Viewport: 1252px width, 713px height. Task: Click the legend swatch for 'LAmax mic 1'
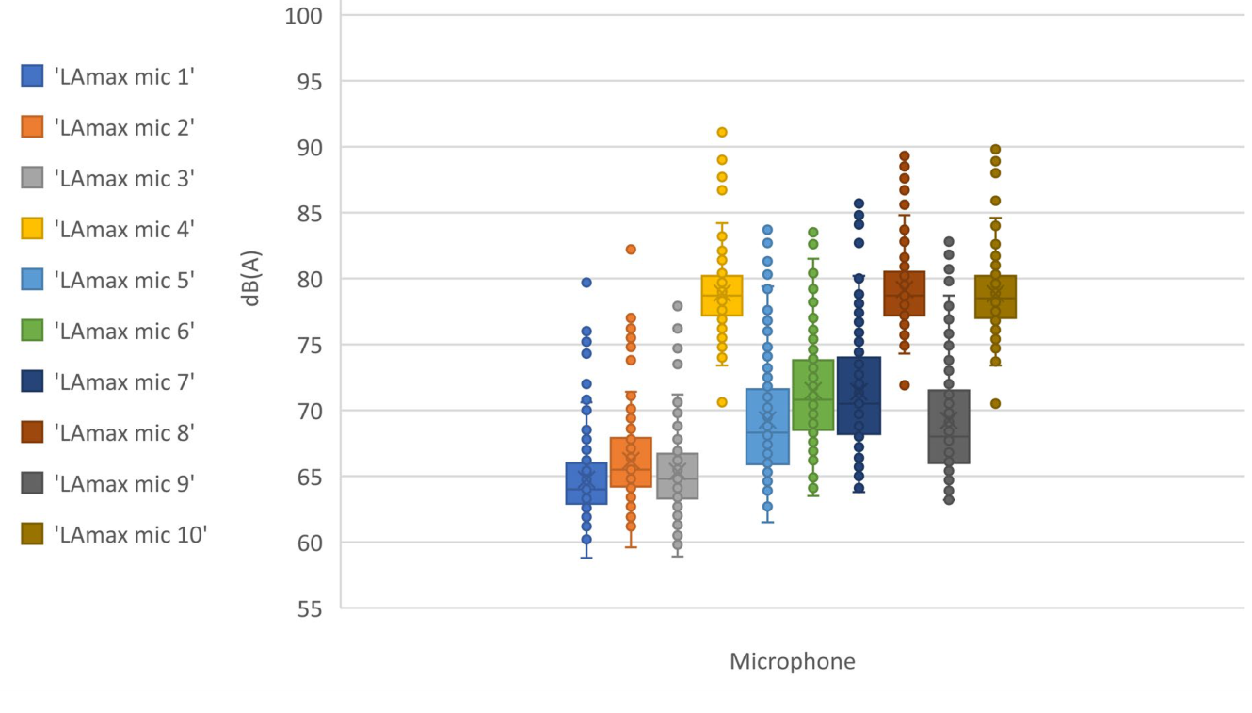click(32, 76)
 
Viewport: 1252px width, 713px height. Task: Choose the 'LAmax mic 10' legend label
click(131, 534)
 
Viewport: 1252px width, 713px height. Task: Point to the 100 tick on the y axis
click(304, 16)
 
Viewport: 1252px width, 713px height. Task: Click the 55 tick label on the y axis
click(304, 608)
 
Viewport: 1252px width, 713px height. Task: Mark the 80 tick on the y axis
click(304, 280)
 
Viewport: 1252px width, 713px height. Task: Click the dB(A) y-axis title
click(251, 279)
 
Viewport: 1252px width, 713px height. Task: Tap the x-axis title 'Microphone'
click(792, 661)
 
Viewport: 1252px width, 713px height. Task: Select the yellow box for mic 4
click(722, 296)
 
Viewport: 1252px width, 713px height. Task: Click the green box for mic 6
click(812, 395)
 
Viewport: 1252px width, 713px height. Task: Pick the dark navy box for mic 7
click(859, 396)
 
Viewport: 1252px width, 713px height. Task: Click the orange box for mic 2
click(631, 462)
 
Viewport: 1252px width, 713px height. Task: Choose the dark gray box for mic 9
click(949, 426)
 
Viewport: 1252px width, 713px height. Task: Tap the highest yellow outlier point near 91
click(722, 132)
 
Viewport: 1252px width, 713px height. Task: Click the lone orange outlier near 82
click(631, 250)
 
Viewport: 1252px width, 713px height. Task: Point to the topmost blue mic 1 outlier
click(586, 283)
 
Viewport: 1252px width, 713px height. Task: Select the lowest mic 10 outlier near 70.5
click(995, 403)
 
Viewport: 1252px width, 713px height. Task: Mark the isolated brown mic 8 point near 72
click(904, 384)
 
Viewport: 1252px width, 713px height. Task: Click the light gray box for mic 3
click(677, 476)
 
